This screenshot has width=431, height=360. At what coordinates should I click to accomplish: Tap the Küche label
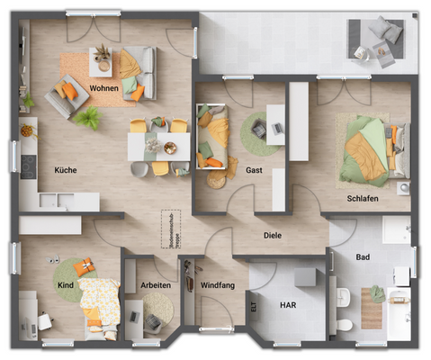[65, 169]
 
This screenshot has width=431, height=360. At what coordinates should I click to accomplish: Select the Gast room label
[254, 169]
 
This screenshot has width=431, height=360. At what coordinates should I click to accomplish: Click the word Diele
[273, 237]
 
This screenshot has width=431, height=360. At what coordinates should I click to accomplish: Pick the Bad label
[363, 257]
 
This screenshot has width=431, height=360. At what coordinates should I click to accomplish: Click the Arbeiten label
[156, 285]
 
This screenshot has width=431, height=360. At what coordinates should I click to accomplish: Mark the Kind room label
[66, 285]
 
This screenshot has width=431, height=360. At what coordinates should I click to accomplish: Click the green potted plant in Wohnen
[87, 117]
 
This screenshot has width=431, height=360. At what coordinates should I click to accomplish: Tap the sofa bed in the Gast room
[212, 136]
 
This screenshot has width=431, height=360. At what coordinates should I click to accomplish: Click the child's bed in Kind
[98, 301]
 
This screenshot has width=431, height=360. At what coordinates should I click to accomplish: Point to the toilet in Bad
[344, 323]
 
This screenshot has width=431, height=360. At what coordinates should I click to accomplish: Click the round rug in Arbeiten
[157, 311]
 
